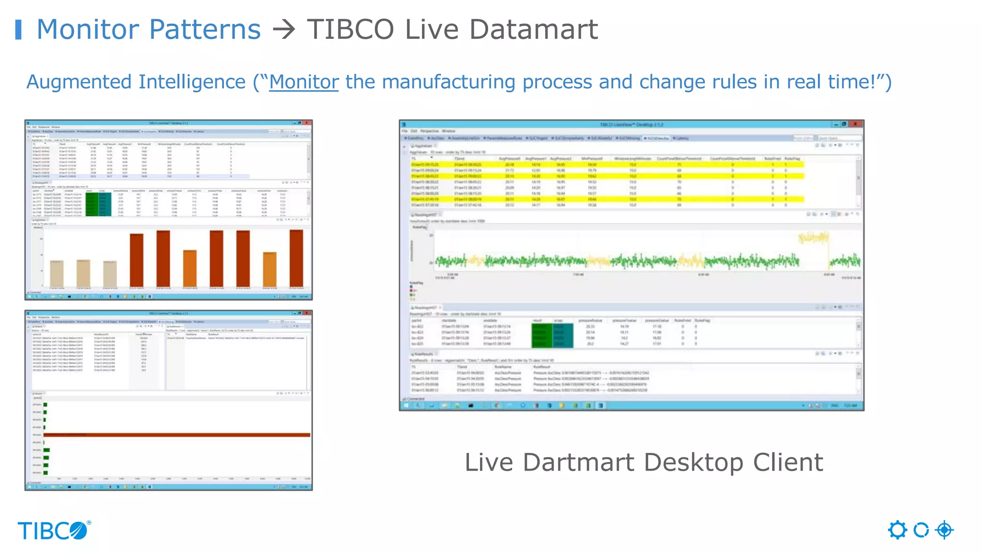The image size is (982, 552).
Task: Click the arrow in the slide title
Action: click(283, 30)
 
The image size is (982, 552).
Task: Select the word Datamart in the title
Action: click(533, 30)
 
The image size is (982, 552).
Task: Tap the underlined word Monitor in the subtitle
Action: click(304, 82)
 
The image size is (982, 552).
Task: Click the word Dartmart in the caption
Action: click(579, 463)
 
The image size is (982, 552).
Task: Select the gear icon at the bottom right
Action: click(898, 530)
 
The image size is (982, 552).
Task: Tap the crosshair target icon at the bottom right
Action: click(944, 530)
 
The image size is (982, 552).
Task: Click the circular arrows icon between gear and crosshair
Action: click(921, 530)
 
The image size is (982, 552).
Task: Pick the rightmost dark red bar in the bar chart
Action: click(296, 259)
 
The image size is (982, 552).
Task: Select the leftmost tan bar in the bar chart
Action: click(57, 273)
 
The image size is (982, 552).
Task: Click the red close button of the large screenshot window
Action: click(855, 124)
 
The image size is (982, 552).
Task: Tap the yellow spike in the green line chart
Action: click(813, 237)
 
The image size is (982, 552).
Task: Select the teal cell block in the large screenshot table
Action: click(563, 335)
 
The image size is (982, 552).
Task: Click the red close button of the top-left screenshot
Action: click(307, 123)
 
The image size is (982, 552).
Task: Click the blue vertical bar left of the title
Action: click(18, 30)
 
